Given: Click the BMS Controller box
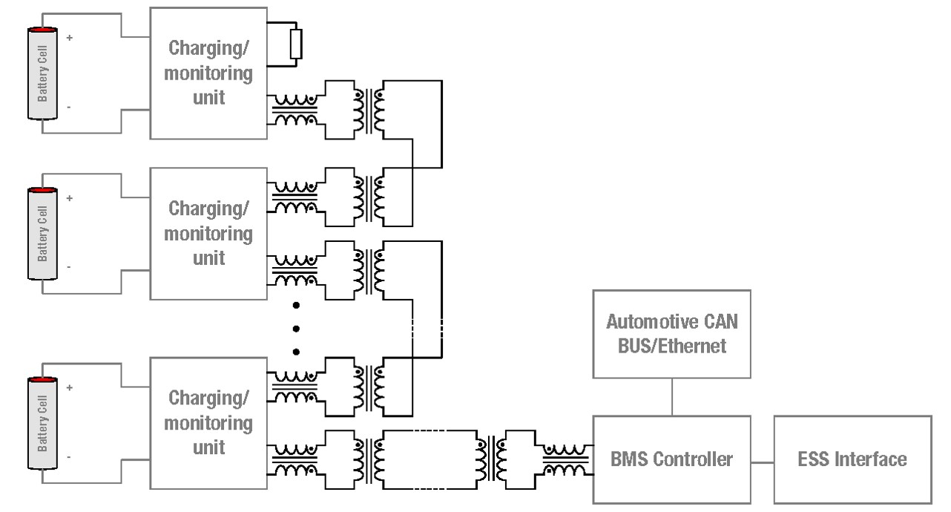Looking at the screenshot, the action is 671,460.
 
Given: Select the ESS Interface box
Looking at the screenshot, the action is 852,460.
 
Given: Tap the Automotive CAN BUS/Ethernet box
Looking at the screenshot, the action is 671,334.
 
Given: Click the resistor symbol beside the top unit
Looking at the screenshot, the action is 296,44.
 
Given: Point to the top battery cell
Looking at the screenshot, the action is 42,73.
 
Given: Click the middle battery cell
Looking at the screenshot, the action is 42,234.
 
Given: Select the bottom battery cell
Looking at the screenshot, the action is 42,423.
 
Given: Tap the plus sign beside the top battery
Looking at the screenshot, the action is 69,38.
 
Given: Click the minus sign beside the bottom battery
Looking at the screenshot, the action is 69,457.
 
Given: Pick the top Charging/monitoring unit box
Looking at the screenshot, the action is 208,73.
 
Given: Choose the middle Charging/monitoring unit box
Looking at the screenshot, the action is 208,234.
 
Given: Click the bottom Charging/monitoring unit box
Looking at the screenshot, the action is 208,423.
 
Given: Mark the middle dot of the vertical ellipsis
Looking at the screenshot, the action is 296,329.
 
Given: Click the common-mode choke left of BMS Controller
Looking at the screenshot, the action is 565,459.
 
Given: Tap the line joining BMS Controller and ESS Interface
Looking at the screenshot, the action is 763,462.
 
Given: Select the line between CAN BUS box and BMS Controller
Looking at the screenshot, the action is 672,397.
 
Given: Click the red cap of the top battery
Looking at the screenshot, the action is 42,29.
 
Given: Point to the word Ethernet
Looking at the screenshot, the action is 692,347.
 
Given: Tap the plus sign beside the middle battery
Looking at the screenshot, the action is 69,198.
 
